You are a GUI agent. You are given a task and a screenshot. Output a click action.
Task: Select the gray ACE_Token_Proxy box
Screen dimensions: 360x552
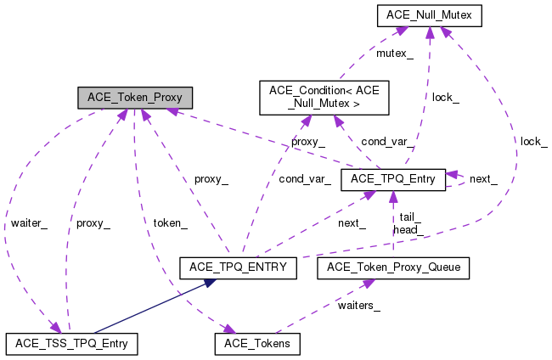pos(134,97)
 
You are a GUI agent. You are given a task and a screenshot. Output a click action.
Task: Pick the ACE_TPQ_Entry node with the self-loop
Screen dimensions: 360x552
pos(392,179)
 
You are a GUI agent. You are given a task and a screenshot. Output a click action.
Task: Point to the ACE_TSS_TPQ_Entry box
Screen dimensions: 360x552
pos(71,344)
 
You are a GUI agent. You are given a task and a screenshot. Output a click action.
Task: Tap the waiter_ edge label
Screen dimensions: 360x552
pos(29,223)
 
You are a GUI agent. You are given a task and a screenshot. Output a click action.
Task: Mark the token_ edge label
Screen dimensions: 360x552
pos(170,223)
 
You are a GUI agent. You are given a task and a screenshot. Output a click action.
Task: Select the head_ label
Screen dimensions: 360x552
pos(407,229)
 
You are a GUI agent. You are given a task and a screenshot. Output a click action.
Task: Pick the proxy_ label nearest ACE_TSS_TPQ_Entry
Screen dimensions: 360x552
pos(93,223)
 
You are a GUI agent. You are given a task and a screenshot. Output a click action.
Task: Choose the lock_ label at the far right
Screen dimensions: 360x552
pos(533,141)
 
